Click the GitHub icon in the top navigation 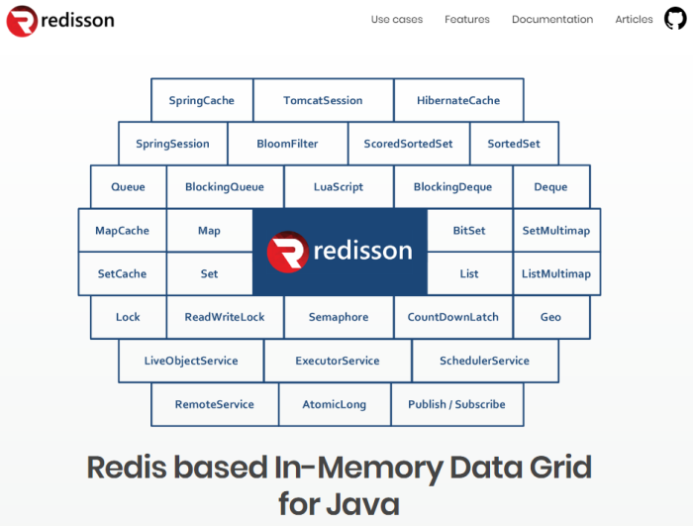(x=675, y=19)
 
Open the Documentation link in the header (x=552, y=19)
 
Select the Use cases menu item (x=397, y=19)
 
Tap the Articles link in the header (x=634, y=19)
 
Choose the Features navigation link (x=467, y=19)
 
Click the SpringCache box (x=202, y=100)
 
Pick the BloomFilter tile (x=287, y=144)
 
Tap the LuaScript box (x=339, y=186)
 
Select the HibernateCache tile (x=458, y=100)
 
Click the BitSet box (x=469, y=230)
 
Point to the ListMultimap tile (x=555, y=273)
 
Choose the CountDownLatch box (x=453, y=317)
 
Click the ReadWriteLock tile (x=225, y=317)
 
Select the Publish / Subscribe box (x=456, y=404)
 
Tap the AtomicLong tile (x=336, y=404)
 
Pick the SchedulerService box (x=484, y=361)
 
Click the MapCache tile (x=122, y=230)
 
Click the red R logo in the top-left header (x=22, y=20)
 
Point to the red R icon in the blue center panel (x=288, y=252)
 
